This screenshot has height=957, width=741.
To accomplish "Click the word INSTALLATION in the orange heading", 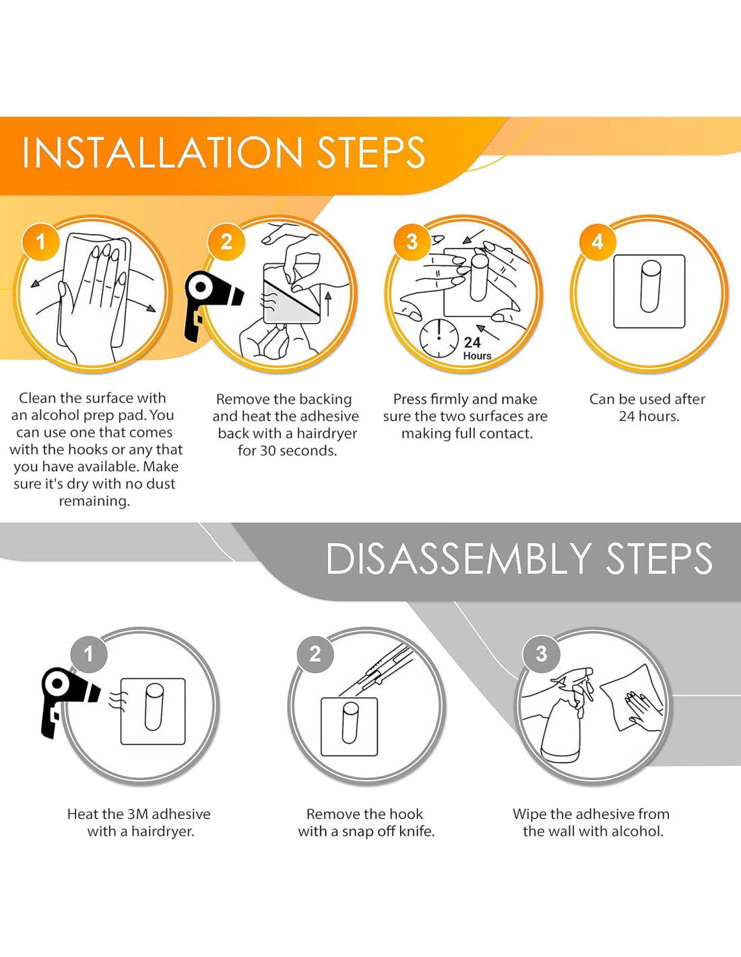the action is point(162,152).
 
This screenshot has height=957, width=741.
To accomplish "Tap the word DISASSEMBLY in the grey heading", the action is point(459,558).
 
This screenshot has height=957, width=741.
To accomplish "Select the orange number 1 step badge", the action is point(41,242).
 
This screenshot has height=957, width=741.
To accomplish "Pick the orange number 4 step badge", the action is point(598,242).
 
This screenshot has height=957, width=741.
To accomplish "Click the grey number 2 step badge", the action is point(315,654).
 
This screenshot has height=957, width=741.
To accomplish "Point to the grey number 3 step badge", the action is point(542,654).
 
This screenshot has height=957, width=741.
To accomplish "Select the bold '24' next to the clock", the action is point(472,342).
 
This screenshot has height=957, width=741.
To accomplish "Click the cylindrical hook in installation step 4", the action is point(650,286).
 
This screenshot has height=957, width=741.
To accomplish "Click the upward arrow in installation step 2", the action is point(328,304).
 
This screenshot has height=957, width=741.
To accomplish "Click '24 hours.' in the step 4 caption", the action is point(649,416).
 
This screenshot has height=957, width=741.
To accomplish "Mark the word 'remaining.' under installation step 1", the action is point(94,501).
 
